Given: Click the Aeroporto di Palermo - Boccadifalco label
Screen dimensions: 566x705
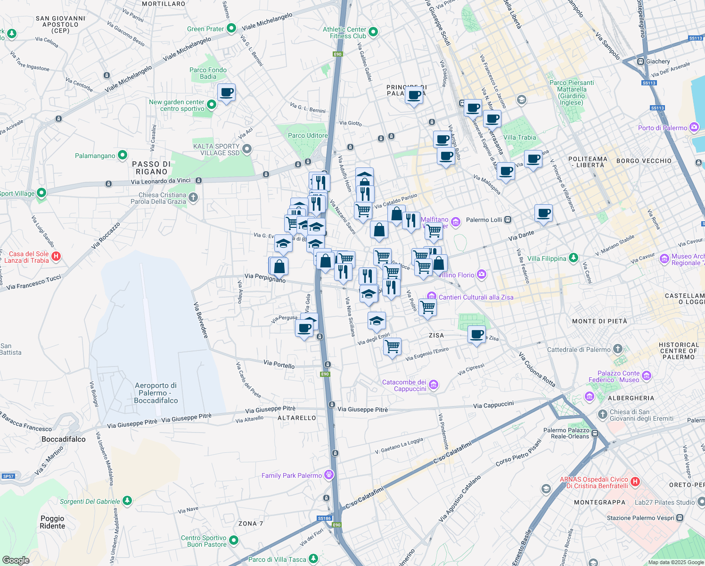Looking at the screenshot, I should pos(156,393).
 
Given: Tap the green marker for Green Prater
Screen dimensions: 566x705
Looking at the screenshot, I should pos(231,28).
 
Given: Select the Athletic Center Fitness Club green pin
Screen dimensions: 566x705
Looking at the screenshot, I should pos(373,32).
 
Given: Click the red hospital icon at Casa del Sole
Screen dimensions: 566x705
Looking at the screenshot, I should pos(56,257).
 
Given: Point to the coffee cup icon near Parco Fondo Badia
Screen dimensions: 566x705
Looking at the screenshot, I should pos(226,92).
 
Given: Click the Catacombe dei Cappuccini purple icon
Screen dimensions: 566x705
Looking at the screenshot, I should pos(434,385).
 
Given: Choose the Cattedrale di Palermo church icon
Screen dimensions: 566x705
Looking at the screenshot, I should pos(618,349).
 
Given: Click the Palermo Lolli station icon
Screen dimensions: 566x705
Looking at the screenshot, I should pos(508,220).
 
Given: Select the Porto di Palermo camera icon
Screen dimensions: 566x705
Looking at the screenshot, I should pos(694,127).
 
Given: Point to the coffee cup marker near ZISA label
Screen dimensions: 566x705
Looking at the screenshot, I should pos(476,334).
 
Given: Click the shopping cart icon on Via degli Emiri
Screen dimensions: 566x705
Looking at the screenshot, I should pos(392,347).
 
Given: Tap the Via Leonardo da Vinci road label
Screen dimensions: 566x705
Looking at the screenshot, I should pos(161,181).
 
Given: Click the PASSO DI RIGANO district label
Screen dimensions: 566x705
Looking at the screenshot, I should pos(151,168).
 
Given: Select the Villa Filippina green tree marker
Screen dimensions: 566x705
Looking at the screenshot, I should pos(573,258).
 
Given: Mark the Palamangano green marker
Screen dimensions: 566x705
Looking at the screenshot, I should pos(123,155).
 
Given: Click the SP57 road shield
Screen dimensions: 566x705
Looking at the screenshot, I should pos(8,476).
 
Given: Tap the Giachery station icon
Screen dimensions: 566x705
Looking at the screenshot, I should pos(640,61).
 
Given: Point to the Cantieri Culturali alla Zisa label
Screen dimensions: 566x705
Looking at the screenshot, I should pos(476,297).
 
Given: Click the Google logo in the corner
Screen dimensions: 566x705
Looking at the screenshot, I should pos(16,560).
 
